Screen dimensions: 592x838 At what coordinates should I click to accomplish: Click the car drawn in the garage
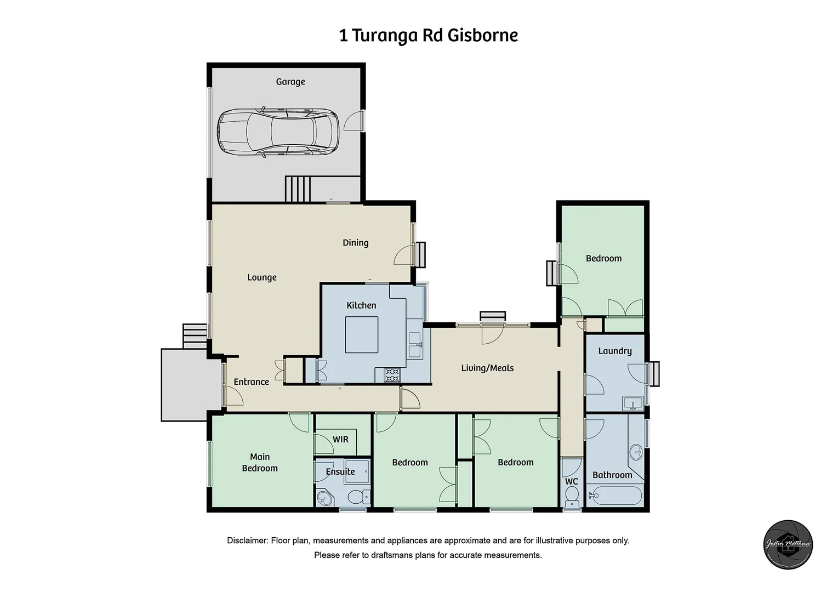pyautogui.click(x=278, y=133)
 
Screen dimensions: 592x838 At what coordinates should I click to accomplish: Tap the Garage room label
pyautogui.click(x=290, y=82)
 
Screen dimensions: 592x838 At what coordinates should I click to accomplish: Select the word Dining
pyautogui.click(x=355, y=242)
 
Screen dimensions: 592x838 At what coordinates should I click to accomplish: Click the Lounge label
pyautogui.click(x=261, y=277)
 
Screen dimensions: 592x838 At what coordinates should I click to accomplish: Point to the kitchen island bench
pyautogui.click(x=361, y=334)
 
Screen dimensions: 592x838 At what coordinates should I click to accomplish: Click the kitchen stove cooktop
pyautogui.click(x=392, y=375)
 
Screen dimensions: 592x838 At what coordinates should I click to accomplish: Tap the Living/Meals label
pyautogui.click(x=487, y=368)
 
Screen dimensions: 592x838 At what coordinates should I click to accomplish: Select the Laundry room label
pyautogui.click(x=614, y=351)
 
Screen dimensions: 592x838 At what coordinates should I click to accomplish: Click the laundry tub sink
pyautogui.click(x=633, y=403)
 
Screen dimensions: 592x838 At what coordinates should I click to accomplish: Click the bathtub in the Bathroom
pyautogui.click(x=614, y=497)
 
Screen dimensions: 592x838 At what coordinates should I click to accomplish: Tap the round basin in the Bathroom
pyautogui.click(x=636, y=453)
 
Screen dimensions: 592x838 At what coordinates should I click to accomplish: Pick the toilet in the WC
pyautogui.click(x=572, y=499)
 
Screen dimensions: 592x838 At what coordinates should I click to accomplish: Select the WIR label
pyautogui.click(x=340, y=440)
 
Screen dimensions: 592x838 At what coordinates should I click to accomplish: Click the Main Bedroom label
pyautogui.click(x=260, y=462)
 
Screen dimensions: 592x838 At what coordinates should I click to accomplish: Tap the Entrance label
pyautogui.click(x=251, y=382)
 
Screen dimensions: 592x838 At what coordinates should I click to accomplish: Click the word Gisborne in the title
pyautogui.click(x=482, y=36)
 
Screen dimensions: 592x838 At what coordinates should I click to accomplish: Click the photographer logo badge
pyautogui.click(x=788, y=545)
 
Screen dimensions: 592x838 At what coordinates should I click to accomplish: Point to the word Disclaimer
pyautogui.click(x=247, y=540)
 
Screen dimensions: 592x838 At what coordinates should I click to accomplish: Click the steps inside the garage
pyautogui.click(x=299, y=189)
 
